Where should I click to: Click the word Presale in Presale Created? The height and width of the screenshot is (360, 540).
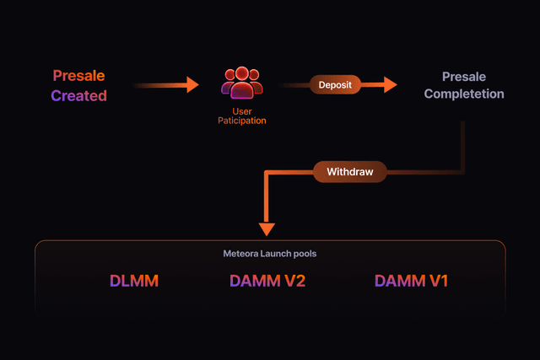pos(78,76)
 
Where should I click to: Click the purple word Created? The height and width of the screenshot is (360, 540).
pos(78,95)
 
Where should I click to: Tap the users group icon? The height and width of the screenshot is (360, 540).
pos(242,83)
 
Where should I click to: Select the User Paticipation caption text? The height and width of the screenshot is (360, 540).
pos(242,116)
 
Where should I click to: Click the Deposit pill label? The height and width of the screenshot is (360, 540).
pos(335,84)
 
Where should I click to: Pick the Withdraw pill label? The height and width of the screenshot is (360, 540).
pos(349,172)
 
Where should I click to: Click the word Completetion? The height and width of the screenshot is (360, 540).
pos(464,94)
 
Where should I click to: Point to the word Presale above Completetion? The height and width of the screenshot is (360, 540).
pos(464,77)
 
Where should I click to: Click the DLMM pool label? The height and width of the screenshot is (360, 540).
pos(135,281)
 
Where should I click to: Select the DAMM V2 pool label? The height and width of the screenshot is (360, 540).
pos(267,281)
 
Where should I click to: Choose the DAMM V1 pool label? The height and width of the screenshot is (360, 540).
pos(411,281)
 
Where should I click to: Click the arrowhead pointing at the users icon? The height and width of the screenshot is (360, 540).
pos(192,84)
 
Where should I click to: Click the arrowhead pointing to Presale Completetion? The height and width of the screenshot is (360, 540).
pos(390,84)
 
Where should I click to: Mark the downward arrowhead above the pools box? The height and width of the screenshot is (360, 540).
pos(267,228)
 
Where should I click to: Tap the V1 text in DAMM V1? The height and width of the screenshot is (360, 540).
pos(436,281)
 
